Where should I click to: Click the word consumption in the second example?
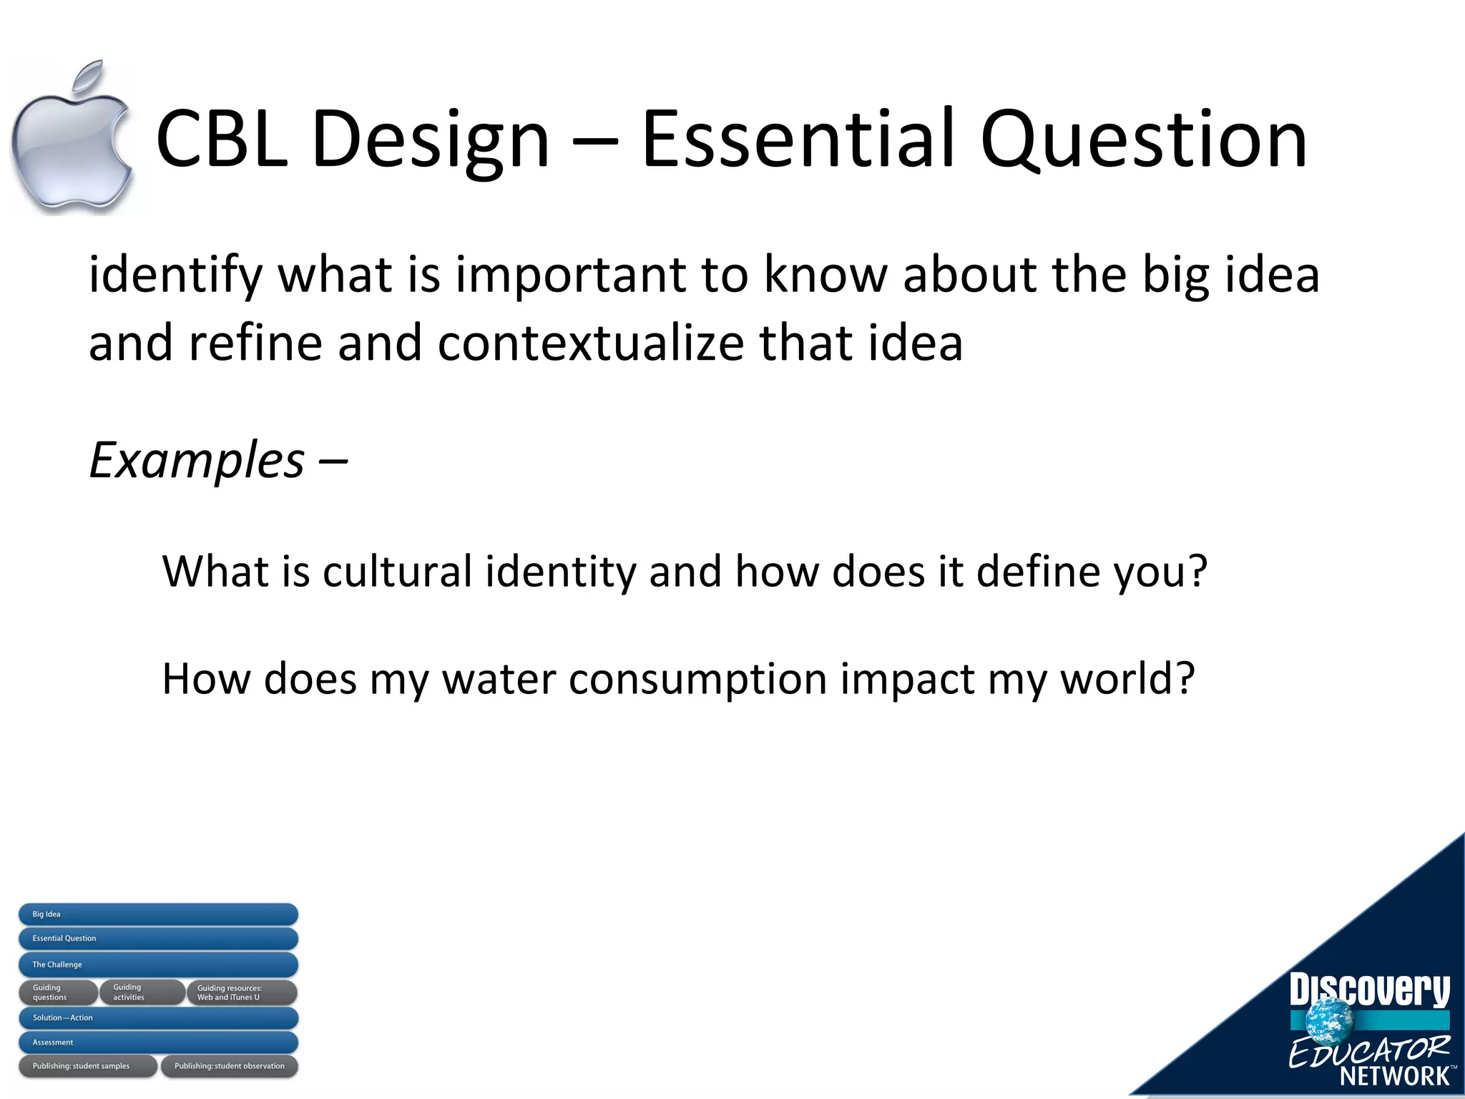[697, 679]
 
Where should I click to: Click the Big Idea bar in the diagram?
[158, 914]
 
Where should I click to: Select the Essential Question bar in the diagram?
[158, 939]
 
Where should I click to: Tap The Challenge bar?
[158, 964]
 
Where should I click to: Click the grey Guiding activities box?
[141, 992]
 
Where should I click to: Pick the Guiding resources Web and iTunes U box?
[242, 992]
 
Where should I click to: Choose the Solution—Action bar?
[158, 1017]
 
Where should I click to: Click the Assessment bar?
[158, 1042]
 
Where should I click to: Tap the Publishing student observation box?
[229, 1066]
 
